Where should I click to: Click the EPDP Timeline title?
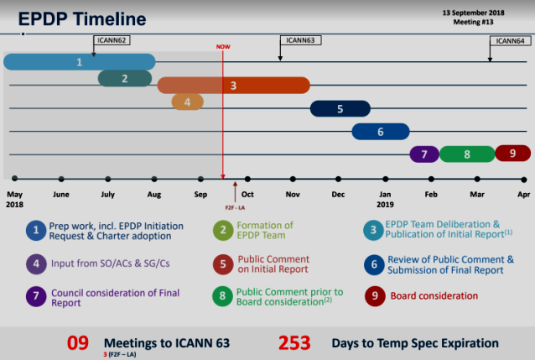[82, 18]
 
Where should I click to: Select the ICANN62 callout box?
[112, 40]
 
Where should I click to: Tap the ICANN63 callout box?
[300, 40]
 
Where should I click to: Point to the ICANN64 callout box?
[510, 41]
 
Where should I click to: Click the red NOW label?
[223, 46]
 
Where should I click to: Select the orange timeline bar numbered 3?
[234, 86]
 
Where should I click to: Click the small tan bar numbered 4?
[187, 102]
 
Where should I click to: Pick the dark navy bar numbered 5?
[340, 108]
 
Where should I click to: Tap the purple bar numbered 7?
[424, 154]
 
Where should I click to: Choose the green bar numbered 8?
[467, 154]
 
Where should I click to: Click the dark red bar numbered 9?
[513, 153]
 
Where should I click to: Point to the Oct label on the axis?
[247, 195]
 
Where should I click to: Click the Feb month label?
[431, 195]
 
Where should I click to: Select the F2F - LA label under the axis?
[235, 207]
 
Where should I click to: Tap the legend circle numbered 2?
[223, 230]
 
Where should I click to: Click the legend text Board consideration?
[434, 295]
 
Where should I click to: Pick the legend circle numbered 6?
[374, 264]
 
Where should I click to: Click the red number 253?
[294, 343]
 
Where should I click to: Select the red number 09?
[78, 343]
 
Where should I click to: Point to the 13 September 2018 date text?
[473, 13]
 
